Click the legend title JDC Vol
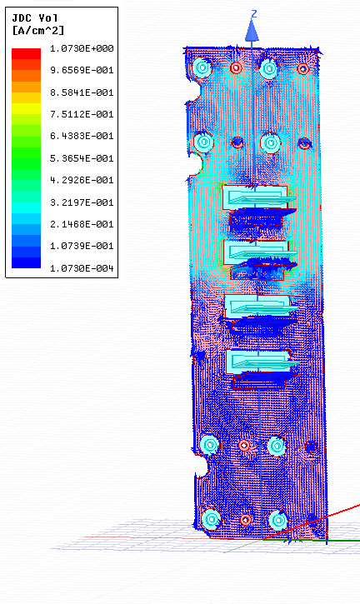pyautogui.click(x=35, y=18)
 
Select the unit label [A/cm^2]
pyautogui.click(x=37, y=30)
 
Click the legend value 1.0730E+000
pyautogui.click(x=82, y=48)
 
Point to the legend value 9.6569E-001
pyautogui.click(x=82, y=71)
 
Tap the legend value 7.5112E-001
pyautogui.click(x=82, y=114)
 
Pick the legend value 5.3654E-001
pyautogui.click(x=82, y=158)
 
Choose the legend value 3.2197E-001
pyautogui.click(x=82, y=202)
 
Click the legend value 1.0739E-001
pyautogui.click(x=82, y=246)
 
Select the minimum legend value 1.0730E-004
pyautogui.click(x=82, y=268)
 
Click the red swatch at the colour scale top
pyautogui.click(x=26, y=53)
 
